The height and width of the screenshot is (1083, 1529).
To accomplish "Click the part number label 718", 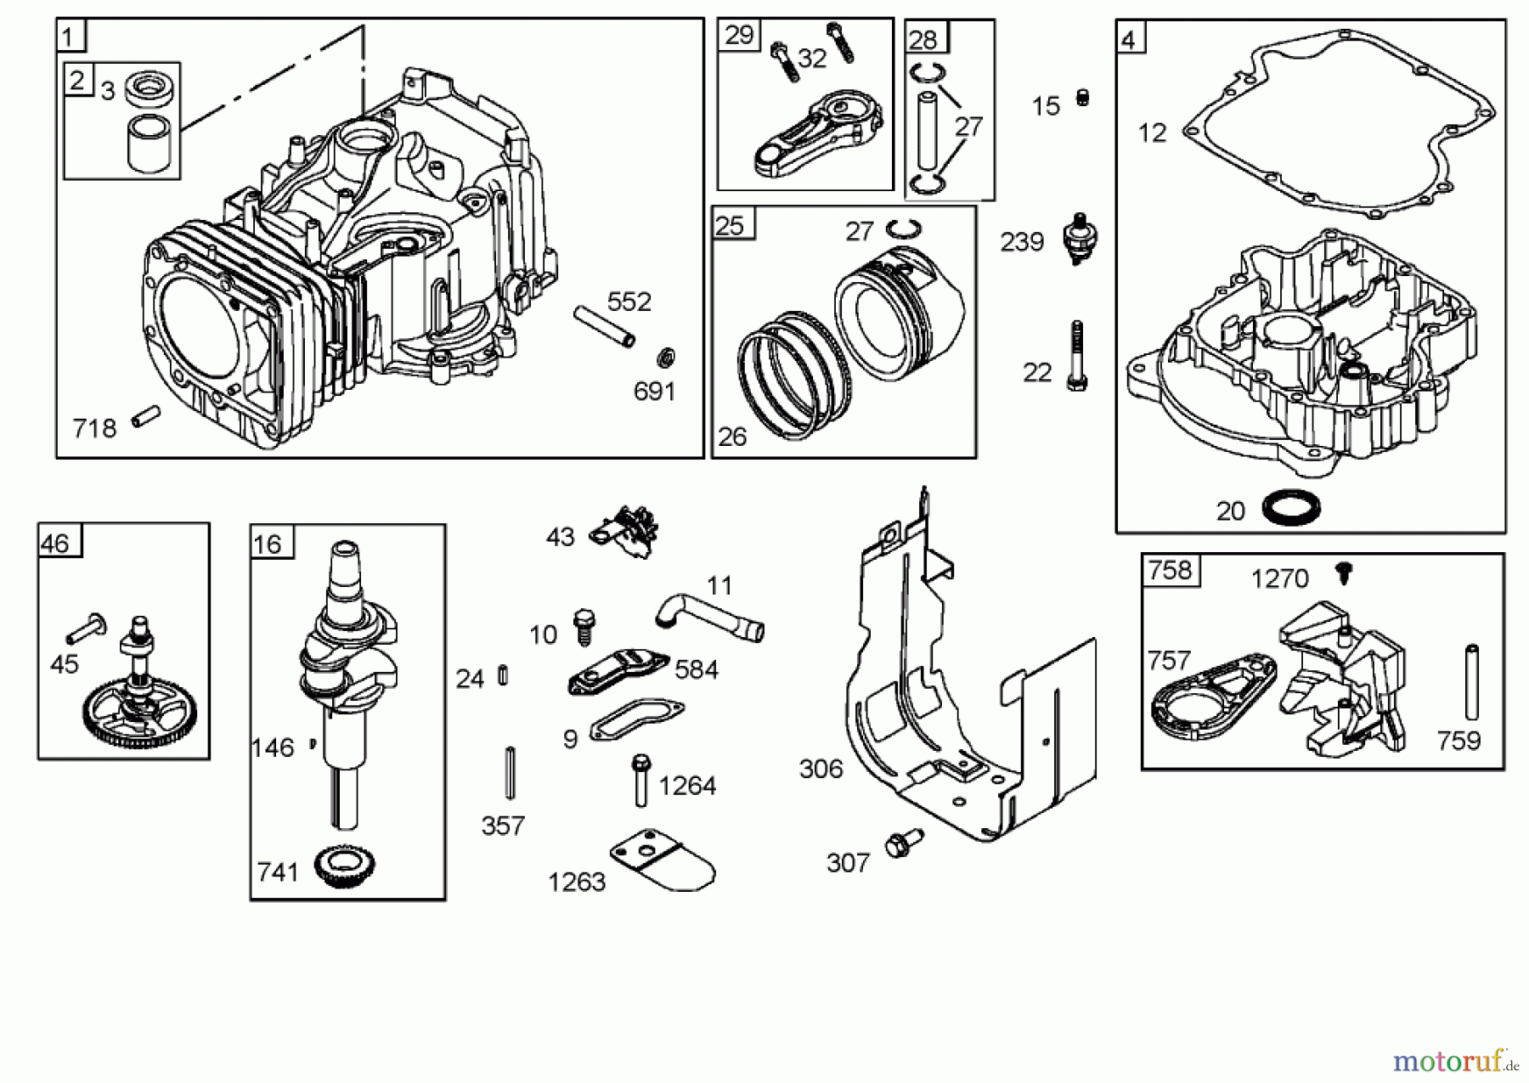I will coord(94,428).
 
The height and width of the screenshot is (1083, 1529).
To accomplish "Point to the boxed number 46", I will coord(56,544).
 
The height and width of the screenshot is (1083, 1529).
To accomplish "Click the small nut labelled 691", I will coord(668,357).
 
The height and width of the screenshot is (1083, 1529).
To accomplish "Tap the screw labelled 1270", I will coord(1343,573).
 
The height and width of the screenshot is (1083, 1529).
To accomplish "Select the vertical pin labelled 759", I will coord(1472,684).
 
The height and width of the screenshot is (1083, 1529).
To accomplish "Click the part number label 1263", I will coord(577,882).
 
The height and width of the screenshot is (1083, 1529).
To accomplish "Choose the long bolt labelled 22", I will coord(1077,357).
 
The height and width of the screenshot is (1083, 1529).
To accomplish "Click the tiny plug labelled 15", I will coord(1082,98).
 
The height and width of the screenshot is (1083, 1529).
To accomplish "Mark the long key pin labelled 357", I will coord(510,772).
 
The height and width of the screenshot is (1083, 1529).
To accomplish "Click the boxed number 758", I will coord(1170,570).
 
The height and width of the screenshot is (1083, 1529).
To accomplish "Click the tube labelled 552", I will coord(604,325).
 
